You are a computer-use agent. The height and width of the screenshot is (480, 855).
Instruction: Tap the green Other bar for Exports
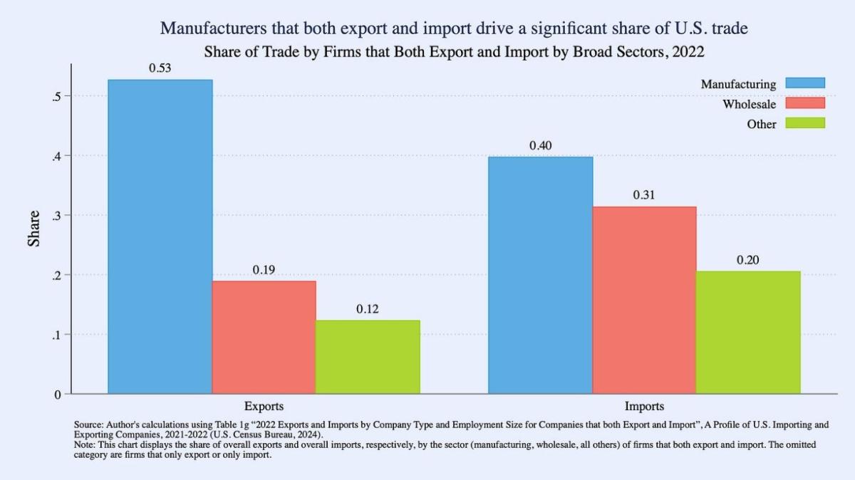pos(368,357)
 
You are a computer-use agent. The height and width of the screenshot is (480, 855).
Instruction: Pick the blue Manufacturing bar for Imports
pos(540,275)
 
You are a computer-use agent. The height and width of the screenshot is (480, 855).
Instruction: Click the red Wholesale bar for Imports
pos(644,300)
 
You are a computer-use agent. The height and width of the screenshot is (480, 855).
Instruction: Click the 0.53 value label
pos(160,68)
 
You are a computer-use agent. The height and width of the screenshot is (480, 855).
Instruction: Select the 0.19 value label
pos(264,270)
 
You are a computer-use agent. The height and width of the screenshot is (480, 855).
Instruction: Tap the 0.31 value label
pos(644,195)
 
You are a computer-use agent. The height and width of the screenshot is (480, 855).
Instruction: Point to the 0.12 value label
pos(368,309)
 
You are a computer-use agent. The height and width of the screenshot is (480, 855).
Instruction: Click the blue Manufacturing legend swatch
pos(804,83)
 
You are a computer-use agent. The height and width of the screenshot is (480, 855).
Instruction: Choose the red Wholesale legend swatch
pos(804,103)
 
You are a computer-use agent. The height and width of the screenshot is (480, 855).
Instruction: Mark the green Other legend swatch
pos(804,123)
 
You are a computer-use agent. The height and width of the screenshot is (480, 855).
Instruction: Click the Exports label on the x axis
pos(264,407)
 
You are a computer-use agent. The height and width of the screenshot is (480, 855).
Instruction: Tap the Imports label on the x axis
pos(644,407)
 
